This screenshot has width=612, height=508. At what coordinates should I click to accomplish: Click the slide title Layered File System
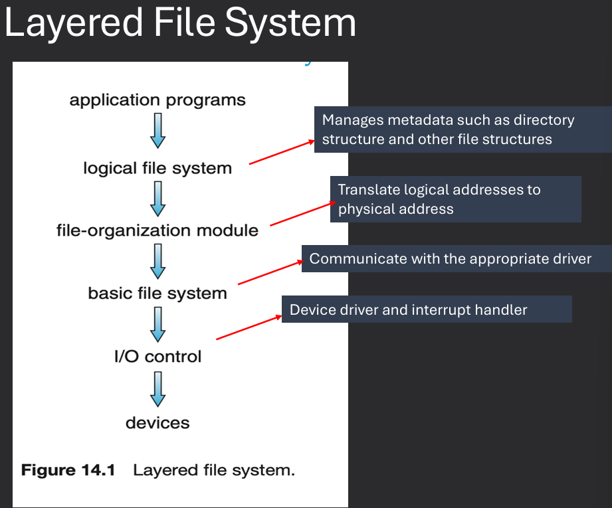coord(180,23)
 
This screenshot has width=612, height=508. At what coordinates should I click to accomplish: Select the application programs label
coord(157,101)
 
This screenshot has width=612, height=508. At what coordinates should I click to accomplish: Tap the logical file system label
coord(157,168)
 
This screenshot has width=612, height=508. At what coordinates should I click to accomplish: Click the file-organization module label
coord(157,230)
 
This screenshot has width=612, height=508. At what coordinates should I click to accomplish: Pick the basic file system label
coord(157,293)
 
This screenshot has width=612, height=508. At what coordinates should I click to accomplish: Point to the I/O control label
coord(157,357)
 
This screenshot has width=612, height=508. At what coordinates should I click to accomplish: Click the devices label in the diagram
coord(157,422)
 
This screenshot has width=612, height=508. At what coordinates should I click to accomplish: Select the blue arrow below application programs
coord(157,131)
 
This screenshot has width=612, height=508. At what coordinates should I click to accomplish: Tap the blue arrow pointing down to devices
coord(157,389)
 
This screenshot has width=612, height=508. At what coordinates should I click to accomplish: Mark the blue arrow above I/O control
coord(157,324)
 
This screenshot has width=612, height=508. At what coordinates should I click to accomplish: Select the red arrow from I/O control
coord(249,327)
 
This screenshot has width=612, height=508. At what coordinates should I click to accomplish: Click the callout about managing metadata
coord(462,129)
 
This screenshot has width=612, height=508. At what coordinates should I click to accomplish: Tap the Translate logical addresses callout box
coord(455,199)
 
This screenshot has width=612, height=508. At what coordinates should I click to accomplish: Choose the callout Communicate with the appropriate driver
coord(450,258)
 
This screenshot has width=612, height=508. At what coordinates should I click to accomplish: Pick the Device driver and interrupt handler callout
coord(427,309)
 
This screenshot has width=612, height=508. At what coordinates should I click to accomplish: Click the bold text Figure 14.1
coord(68,471)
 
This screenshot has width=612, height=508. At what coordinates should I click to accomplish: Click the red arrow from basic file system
coord(270,272)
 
